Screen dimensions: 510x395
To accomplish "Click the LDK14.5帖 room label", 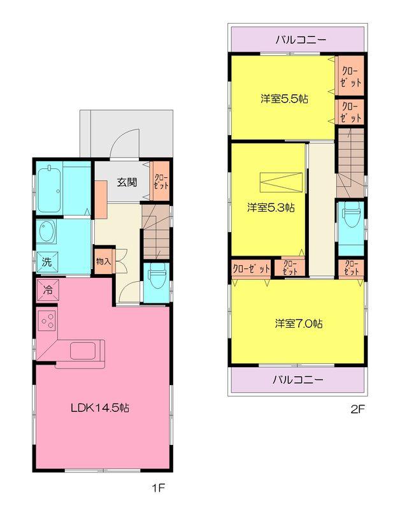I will click(100, 407).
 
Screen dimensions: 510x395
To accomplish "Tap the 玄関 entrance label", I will click(126, 182).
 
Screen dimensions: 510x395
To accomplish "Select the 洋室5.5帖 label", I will click(284, 99).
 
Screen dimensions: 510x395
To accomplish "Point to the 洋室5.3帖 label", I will click(271, 207).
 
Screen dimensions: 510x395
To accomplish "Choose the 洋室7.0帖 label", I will click(298, 323).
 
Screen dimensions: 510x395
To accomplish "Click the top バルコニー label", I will click(301, 40).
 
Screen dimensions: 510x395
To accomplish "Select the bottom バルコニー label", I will click(298, 380).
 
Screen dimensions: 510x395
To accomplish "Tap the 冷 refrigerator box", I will click(47, 288).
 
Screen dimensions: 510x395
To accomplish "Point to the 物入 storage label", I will click(103, 261).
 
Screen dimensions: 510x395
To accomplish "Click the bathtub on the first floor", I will click(49, 189).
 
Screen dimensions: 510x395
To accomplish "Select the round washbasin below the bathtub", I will click(47, 231).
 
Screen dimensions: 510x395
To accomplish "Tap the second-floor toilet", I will click(350, 216).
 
